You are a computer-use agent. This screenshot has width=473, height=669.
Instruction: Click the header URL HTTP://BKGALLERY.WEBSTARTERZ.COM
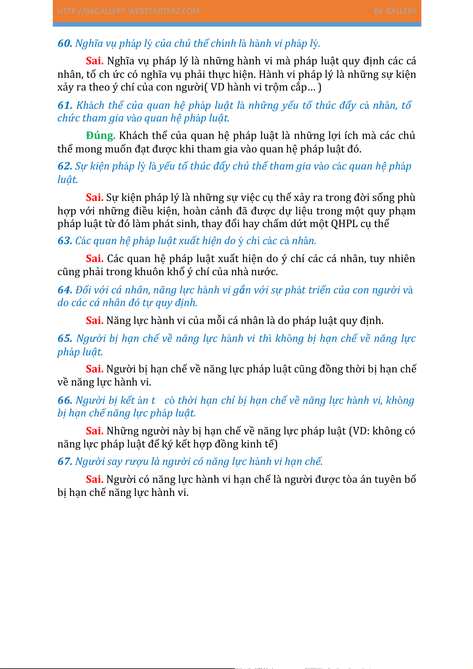pos(128,11)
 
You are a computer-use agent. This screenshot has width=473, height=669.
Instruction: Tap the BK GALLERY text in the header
pos(395,11)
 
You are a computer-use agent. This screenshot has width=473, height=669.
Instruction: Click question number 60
pos(65,43)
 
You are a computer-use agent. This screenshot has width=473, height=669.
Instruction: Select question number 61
pos(65,105)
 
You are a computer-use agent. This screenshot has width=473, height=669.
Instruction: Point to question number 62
pos(65,166)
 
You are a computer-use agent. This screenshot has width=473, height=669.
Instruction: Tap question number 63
pos(65,241)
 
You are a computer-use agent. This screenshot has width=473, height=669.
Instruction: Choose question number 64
pos(65,290)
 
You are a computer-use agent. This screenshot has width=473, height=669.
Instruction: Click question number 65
pos(65,338)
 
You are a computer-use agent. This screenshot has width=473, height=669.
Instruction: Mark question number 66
pos(65,400)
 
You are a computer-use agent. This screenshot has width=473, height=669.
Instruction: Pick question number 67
pos(65,461)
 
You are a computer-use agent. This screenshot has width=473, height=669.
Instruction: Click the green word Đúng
pos(100,135)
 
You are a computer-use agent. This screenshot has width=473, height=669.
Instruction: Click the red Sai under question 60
pos(95,61)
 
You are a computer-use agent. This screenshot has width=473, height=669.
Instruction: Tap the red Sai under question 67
pos(95,479)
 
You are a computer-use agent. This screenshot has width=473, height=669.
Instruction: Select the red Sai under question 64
pos(95,320)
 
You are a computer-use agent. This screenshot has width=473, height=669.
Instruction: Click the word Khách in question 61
pos(90,105)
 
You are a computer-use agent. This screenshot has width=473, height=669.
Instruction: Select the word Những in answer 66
pos(122,431)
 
